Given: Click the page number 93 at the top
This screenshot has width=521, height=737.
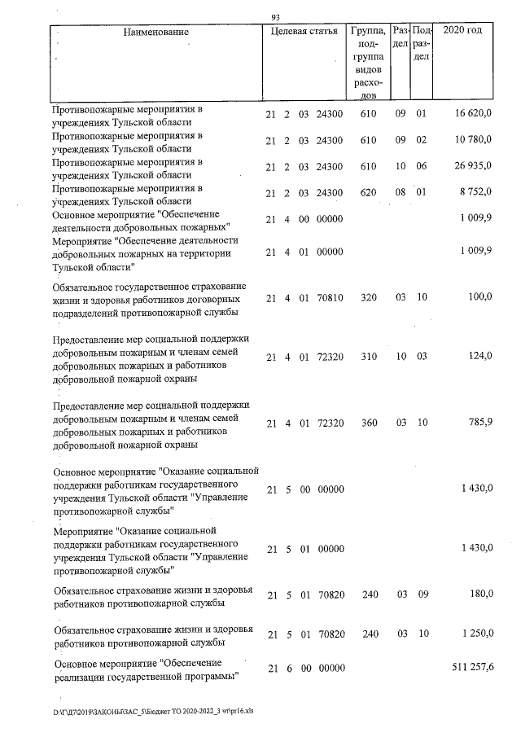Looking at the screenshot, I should (275, 17).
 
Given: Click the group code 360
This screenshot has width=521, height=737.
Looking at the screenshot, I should (368, 423).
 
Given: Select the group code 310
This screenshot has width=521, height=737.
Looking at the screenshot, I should (368, 356).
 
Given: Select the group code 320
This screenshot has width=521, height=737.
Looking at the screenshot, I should (368, 299).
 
